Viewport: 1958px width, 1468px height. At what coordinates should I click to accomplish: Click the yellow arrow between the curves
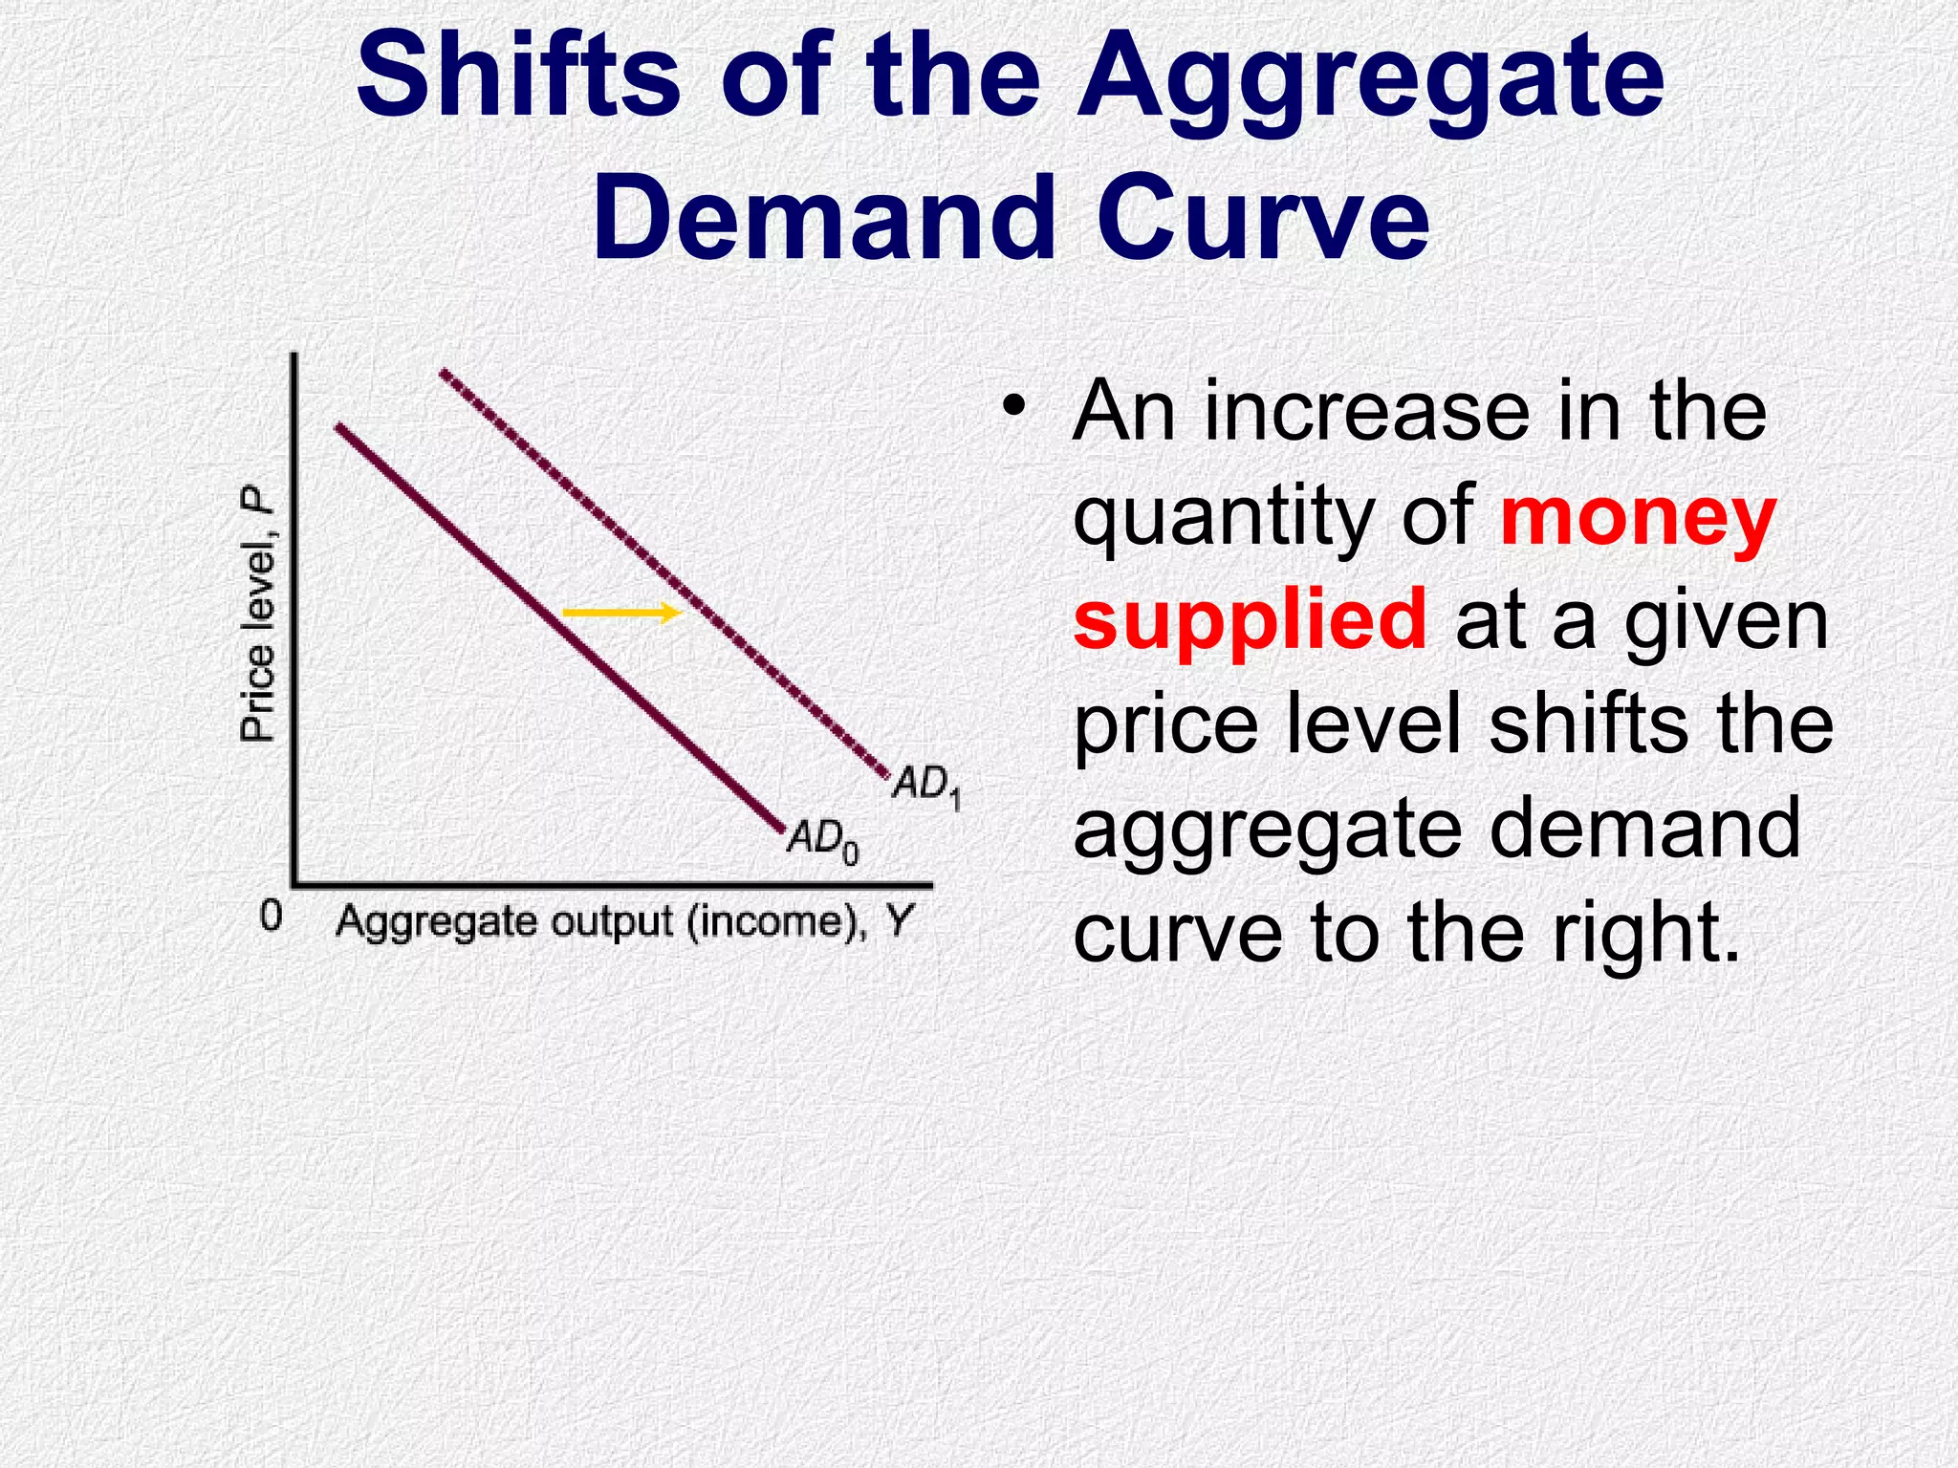point(620,612)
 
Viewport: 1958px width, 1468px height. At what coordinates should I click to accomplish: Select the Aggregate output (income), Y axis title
point(624,922)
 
